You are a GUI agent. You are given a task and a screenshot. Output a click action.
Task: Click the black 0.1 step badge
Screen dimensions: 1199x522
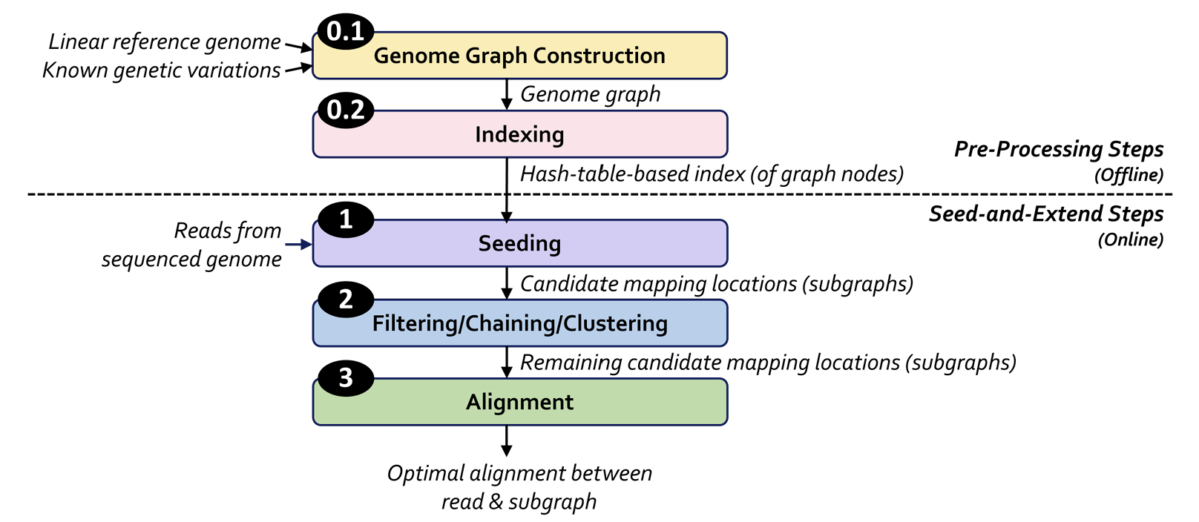[x=346, y=32]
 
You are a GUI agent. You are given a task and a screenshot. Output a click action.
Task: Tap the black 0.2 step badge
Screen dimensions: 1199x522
[x=346, y=110]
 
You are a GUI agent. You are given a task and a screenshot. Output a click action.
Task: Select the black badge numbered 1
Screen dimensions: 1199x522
[x=346, y=219]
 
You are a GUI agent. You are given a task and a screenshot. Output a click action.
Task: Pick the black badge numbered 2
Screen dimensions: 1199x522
[x=346, y=299]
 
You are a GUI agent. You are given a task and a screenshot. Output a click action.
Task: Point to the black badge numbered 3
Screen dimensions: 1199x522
[x=346, y=378]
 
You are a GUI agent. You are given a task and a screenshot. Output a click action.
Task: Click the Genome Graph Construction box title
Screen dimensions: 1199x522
[x=519, y=56]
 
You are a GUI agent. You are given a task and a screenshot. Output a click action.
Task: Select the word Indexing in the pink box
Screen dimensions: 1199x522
[x=519, y=135]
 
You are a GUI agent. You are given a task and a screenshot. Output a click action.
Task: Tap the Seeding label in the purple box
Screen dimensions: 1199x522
[x=519, y=244]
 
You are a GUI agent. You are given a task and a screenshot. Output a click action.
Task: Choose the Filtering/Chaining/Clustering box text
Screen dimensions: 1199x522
[x=520, y=323]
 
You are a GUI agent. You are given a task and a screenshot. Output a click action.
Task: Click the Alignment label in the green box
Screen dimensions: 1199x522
[x=519, y=402]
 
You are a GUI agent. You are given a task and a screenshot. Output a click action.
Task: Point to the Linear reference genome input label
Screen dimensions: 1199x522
[x=164, y=42]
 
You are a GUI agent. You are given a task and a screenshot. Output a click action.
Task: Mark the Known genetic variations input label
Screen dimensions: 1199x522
[x=161, y=70]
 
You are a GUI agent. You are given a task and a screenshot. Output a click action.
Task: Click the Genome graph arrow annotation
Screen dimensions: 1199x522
[x=590, y=95]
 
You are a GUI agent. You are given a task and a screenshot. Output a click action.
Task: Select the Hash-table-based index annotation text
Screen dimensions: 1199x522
[x=712, y=174]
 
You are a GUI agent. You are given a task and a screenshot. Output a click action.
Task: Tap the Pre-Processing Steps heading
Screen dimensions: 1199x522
[x=1059, y=149]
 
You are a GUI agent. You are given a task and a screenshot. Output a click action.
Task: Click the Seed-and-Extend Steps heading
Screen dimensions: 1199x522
[x=1046, y=214]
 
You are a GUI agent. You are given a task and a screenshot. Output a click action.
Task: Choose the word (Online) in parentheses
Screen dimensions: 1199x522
[x=1131, y=239]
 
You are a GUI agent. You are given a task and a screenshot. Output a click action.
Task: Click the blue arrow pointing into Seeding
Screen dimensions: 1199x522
[x=299, y=245]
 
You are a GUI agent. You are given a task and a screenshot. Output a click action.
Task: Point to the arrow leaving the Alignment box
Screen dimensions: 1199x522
[x=506, y=440]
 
